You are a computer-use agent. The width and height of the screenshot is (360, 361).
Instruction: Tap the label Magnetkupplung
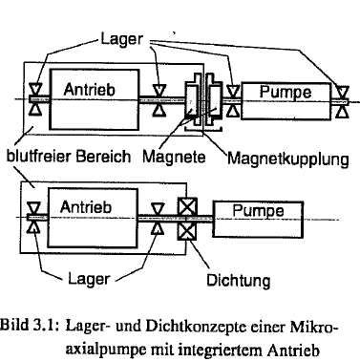click(288, 159)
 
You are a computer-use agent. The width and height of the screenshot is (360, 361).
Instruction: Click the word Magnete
click(174, 157)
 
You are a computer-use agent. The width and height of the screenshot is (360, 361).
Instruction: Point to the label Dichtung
click(239, 280)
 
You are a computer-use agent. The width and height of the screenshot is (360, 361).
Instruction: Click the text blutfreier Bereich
click(69, 157)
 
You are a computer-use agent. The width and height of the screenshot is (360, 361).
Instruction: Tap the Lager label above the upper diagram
click(122, 39)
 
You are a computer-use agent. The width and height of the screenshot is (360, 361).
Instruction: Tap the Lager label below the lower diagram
click(89, 279)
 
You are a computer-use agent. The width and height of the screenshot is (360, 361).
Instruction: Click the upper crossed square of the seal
click(187, 207)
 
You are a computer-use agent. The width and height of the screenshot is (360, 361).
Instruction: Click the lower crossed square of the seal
click(187, 231)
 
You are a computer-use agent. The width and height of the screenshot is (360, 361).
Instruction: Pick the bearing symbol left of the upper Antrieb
click(35, 99)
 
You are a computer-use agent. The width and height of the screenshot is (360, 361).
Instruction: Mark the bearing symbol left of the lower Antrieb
click(33, 218)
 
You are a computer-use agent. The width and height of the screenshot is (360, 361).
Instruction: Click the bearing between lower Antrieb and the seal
click(157, 219)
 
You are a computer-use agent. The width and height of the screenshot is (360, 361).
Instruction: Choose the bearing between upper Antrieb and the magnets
click(159, 100)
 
